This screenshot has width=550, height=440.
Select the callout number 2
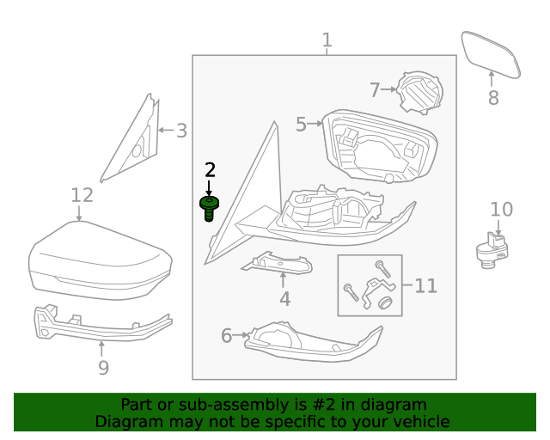(x=209, y=170)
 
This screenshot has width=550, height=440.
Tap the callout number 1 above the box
(x=327, y=40)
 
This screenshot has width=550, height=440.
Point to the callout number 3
(x=181, y=131)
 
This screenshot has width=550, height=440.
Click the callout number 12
(x=82, y=196)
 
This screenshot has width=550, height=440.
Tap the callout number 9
(x=103, y=368)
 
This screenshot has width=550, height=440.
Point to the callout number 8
(x=493, y=98)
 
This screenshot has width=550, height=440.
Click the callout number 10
(x=501, y=209)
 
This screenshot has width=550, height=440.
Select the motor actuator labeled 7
(x=420, y=91)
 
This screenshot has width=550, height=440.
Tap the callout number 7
(x=374, y=89)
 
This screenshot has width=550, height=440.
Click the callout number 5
(x=301, y=125)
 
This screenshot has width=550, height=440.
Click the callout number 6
(x=227, y=335)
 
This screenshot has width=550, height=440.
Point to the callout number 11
(x=426, y=285)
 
